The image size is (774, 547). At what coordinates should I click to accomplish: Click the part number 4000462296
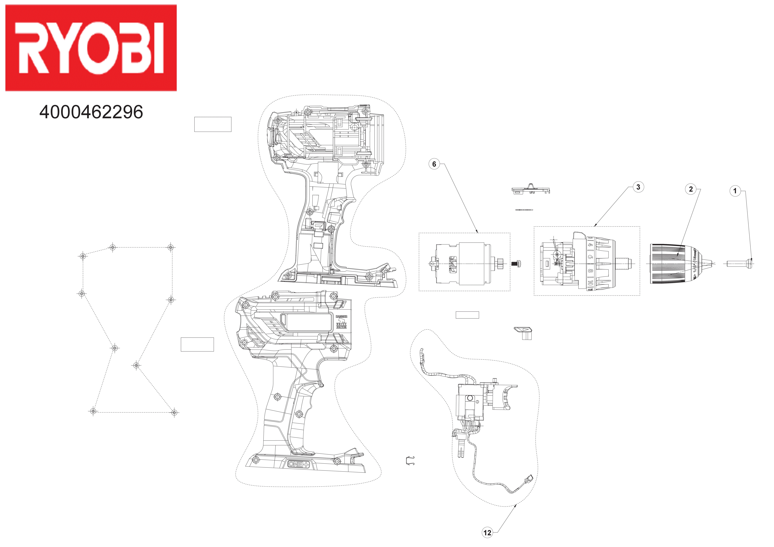tap(91, 112)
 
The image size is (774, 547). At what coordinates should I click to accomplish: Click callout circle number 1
tap(735, 191)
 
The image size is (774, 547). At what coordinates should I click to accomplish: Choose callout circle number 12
tap(487, 533)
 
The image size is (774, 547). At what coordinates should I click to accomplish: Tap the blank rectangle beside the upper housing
tap(213, 124)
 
